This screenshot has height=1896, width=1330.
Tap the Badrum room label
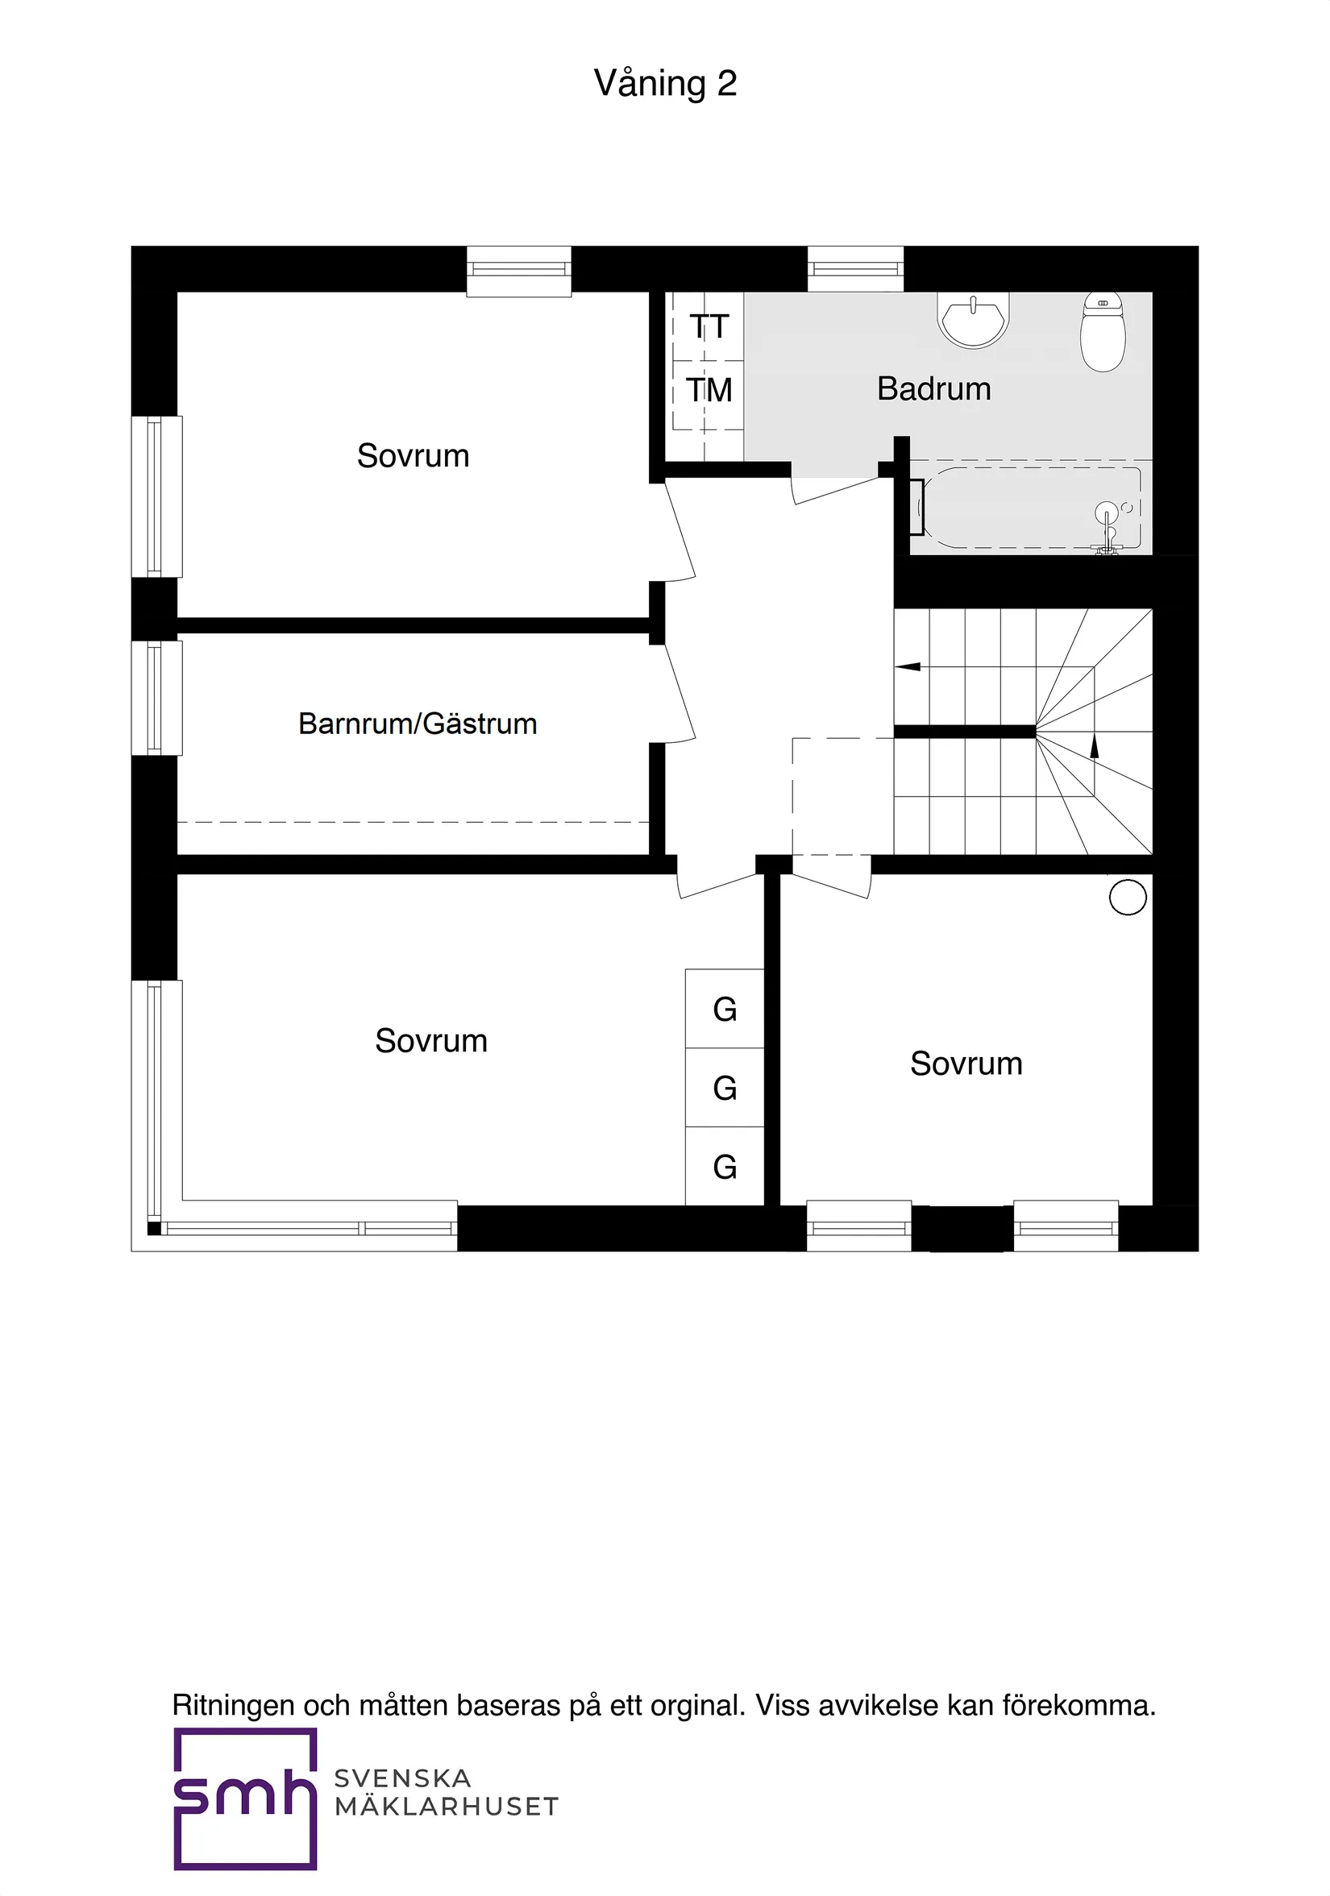coord(933,389)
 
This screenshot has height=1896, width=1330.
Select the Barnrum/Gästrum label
coord(418,724)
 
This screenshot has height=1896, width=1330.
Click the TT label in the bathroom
coord(709,327)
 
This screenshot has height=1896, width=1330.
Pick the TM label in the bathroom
coord(709,391)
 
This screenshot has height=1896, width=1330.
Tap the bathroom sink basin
coord(973,320)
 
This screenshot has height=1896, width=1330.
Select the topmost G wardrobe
coord(725,1009)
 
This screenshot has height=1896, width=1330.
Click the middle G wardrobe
coord(725,1088)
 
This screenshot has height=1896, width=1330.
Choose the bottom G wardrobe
coord(725,1167)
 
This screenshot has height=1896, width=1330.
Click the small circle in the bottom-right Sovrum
coord(1128,897)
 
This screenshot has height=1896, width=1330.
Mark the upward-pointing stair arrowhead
coord(1095,746)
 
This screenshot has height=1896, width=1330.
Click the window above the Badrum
coord(855,269)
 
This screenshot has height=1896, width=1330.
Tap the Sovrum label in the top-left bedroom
coord(413,456)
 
